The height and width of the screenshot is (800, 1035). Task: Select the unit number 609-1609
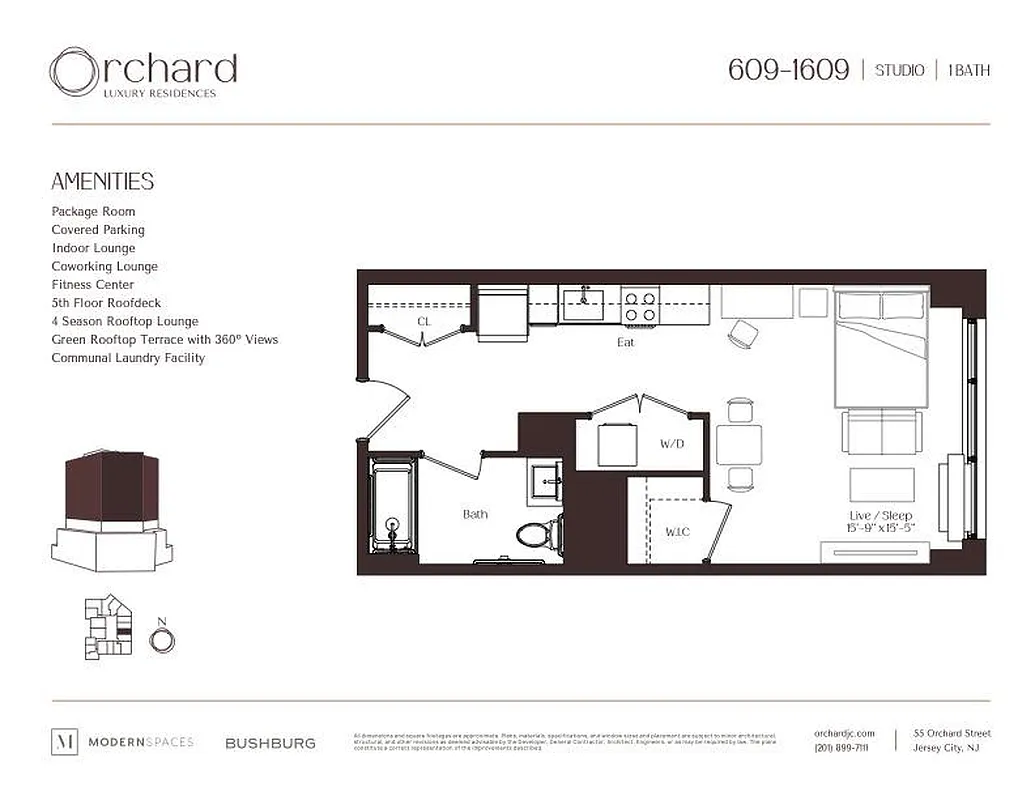click(788, 70)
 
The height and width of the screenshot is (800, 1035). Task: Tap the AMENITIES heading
click(102, 181)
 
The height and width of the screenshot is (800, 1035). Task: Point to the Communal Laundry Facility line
click(128, 358)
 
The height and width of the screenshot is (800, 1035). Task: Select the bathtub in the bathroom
click(392, 509)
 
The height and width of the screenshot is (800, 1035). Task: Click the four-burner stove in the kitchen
click(640, 305)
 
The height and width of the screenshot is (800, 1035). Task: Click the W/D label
click(671, 443)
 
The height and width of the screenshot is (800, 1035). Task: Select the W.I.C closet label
click(678, 532)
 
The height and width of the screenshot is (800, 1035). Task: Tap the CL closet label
click(424, 321)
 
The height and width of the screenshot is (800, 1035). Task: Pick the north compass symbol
click(162, 639)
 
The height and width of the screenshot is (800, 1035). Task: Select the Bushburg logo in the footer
click(270, 743)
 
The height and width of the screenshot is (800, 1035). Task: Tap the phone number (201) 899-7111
click(841, 748)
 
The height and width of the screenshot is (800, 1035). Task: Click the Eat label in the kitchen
click(625, 342)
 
